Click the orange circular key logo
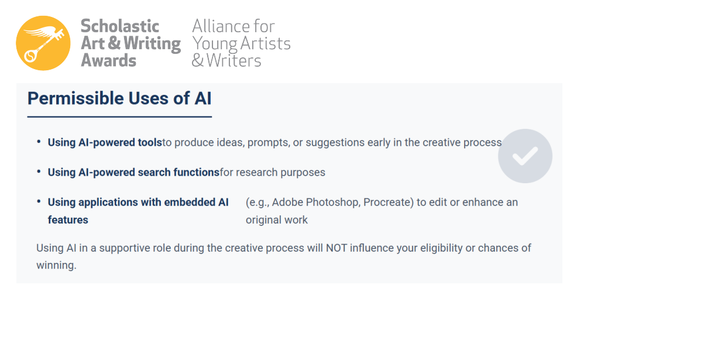(x=43, y=43)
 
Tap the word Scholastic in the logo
(x=120, y=26)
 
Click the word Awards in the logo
(x=108, y=60)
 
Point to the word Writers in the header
(x=234, y=60)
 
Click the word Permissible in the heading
(x=75, y=98)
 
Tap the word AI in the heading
(x=202, y=98)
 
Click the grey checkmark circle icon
(x=525, y=156)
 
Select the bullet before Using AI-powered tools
(x=39, y=142)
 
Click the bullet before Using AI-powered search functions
(x=39, y=172)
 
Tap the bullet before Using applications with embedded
(x=39, y=201)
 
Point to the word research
(x=256, y=173)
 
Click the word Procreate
(x=389, y=203)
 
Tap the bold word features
(x=68, y=220)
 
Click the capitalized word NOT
(x=337, y=248)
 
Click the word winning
(x=56, y=266)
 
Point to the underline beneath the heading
(x=119, y=116)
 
